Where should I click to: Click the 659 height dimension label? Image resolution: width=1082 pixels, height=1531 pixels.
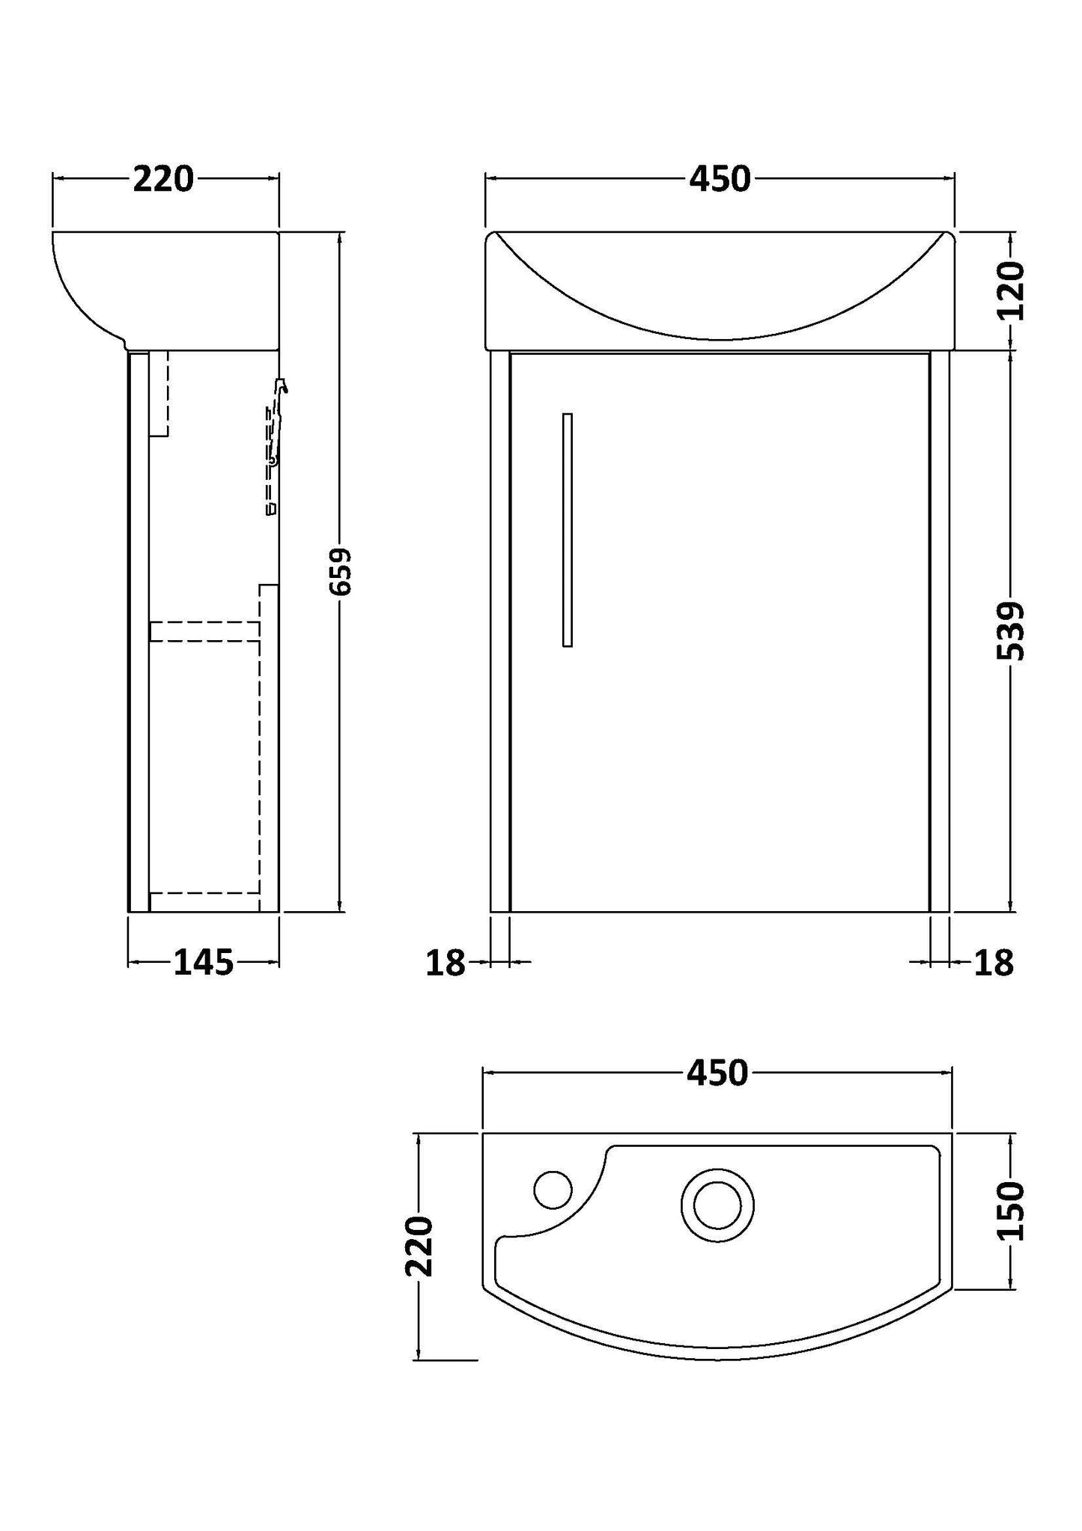pos(341,571)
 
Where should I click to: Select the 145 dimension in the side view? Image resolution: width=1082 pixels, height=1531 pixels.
pos(204,962)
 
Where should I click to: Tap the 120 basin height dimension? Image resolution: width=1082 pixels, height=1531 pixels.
pos(1012,290)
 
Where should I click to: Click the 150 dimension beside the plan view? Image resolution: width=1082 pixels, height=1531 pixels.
pos(1012,1211)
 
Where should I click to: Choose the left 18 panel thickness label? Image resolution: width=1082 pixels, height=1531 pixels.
pos(446,963)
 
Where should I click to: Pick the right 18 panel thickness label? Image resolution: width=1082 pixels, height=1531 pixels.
pos(994,963)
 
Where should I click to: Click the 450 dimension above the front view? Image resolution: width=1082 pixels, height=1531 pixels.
pos(720,179)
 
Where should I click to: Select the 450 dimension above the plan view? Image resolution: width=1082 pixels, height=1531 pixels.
pos(717,1074)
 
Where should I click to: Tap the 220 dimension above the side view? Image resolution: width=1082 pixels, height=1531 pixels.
pos(163,179)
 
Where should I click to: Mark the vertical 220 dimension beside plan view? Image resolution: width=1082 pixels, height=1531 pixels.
pos(419,1246)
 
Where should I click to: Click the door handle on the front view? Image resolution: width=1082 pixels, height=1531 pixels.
pos(568,529)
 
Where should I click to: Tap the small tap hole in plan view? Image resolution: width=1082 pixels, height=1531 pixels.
pos(553,1189)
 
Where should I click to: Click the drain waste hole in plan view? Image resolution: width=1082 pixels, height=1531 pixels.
pos(717,1205)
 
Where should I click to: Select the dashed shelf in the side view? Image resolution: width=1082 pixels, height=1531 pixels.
pos(204,631)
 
